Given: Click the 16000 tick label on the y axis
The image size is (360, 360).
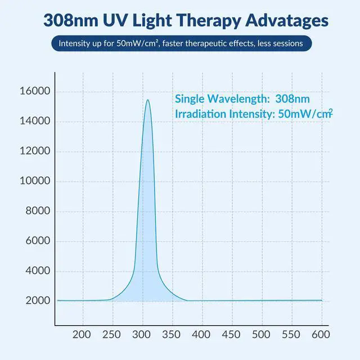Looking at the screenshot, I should tap(35, 92).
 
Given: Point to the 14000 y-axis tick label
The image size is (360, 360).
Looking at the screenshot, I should tap(35, 121).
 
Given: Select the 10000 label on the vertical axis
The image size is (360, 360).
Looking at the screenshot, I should tap(35, 181).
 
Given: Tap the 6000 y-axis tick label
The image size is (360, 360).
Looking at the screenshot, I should tap(38, 241).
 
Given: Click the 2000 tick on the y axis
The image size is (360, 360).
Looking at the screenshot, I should tap(38, 300).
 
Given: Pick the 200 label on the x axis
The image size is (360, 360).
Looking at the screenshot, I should tap(83, 335).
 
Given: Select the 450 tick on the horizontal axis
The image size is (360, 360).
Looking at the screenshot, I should tap(232, 335).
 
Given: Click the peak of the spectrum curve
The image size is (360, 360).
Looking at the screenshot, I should tap(147, 100).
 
